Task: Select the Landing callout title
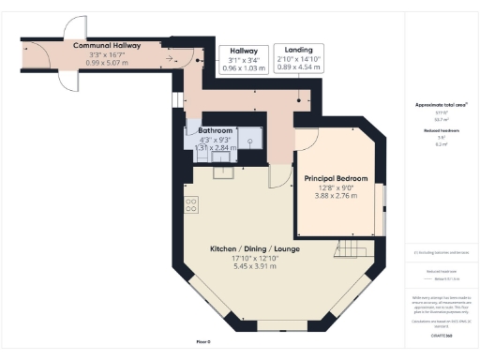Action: (x=299, y=50)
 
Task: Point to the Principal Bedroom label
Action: (x=336, y=177)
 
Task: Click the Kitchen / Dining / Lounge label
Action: (x=255, y=247)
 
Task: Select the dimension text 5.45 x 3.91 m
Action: (x=255, y=266)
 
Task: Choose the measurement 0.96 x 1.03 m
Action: (x=239, y=68)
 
